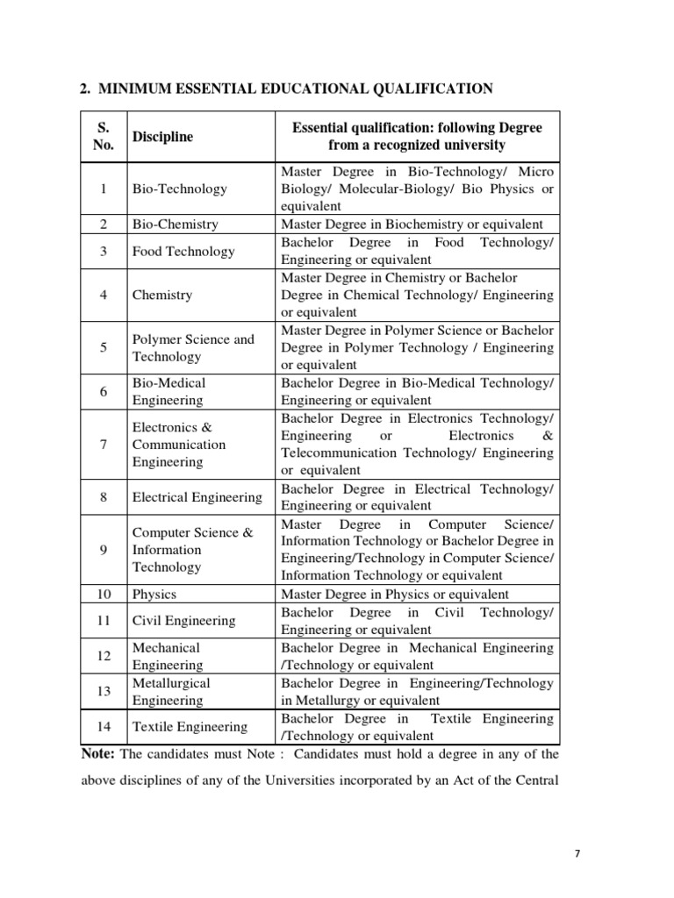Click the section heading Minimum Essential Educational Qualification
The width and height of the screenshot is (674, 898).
pyautogui.click(x=286, y=88)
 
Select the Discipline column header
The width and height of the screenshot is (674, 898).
pyautogui.click(x=162, y=137)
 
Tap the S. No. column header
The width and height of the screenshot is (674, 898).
pyautogui.click(x=104, y=137)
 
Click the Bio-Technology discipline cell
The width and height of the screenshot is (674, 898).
pyautogui.click(x=179, y=189)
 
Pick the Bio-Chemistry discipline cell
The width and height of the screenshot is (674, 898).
pyautogui.click(x=175, y=224)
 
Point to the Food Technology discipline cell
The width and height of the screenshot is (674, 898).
pyautogui.click(x=183, y=252)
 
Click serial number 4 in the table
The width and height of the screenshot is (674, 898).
pyautogui.click(x=104, y=296)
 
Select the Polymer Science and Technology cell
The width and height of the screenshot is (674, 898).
pyautogui.click(x=193, y=348)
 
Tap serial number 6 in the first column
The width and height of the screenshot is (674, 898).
pyautogui.click(x=104, y=392)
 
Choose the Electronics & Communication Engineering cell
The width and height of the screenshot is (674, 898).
pyautogui.click(x=179, y=445)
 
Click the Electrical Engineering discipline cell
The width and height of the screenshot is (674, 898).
pyautogui.click(x=197, y=497)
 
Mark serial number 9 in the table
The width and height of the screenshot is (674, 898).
pyautogui.click(x=104, y=550)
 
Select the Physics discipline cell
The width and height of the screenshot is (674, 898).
pyautogui.click(x=154, y=595)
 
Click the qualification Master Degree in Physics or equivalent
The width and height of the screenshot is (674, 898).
pyautogui.click(x=394, y=595)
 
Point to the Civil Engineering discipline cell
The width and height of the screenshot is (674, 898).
pyautogui.click(x=183, y=621)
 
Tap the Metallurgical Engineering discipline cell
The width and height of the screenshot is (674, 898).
pyautogui.click(x=171, y=692)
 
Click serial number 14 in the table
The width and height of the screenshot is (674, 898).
pyautogui.click(x=104, y=727)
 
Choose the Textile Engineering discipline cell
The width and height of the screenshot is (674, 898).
pyautogui.click(x=189, y=727)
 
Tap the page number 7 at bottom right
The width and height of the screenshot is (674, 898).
pyautogui.click(x=577, y=852)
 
